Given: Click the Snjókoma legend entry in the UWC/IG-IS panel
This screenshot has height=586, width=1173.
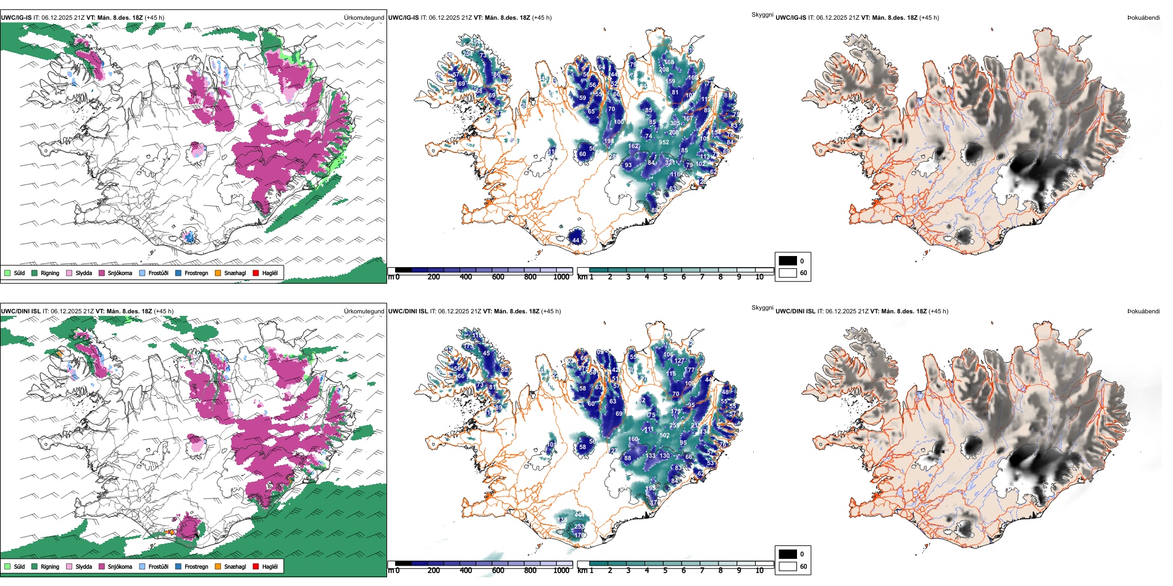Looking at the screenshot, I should tap(120, 273).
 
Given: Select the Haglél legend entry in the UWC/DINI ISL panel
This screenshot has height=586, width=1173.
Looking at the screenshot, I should tap(270, 566).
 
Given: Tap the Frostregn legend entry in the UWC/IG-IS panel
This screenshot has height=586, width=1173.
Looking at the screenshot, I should tap(196, 273).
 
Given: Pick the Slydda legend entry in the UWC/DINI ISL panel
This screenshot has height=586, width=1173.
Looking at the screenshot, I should tap(83, 566).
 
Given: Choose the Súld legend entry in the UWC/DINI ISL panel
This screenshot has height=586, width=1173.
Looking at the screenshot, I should tap(19, 566).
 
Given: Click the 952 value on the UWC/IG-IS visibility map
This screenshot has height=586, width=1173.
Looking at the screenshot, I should tap(664, 142).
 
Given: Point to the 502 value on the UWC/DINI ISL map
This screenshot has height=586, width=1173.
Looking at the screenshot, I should tap(664, 435).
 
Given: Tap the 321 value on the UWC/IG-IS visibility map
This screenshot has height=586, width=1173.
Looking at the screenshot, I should tap(670, 163).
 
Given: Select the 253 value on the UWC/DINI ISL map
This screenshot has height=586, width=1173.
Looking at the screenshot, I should tap(579, 526).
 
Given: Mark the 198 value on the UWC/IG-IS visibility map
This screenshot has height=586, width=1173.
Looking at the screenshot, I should tap(609, 141).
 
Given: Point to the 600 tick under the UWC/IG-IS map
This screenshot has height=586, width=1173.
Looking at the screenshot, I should tap(498, 277).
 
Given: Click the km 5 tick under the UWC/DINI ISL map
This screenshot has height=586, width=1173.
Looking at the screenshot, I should tap(665, 571).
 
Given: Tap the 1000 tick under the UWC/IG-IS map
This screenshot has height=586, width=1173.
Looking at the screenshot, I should tap(561, 277).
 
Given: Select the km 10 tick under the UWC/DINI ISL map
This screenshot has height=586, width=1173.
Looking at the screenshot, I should tap(759, 571).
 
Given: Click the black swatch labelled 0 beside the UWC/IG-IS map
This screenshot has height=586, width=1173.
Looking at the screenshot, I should tap(788, 261).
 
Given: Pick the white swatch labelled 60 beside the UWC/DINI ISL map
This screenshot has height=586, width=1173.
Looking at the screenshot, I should tap(788, 566).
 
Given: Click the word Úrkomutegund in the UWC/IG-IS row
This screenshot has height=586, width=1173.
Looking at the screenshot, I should tap(364, 18).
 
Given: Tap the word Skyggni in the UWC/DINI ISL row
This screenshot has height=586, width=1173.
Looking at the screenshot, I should tap(762, 308).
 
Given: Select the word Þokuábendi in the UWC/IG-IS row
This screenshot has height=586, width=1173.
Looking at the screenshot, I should tap(1143, 18).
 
